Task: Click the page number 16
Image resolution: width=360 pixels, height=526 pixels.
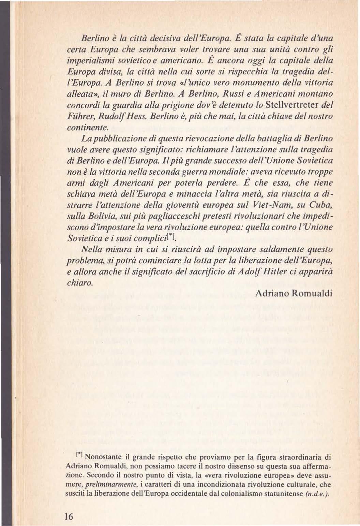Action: [69, 516]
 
